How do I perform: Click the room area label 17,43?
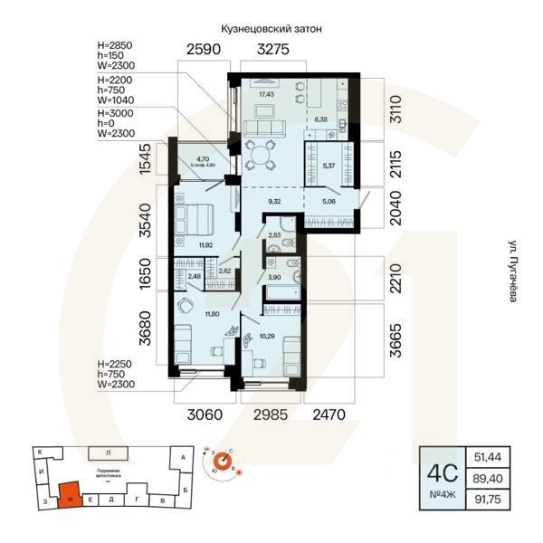point(265,93)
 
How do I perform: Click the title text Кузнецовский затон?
point(271,29)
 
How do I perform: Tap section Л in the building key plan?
point(108,452)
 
